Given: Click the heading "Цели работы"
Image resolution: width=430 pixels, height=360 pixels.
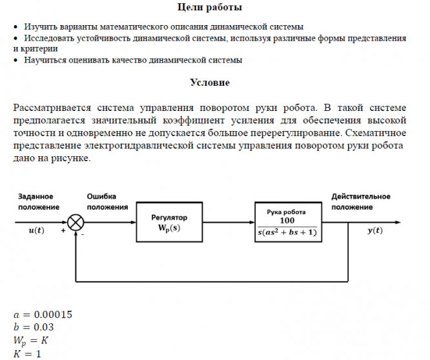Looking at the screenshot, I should click(x=210, y=8).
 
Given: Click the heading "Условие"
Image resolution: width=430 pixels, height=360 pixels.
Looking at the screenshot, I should click(x=210, y=83).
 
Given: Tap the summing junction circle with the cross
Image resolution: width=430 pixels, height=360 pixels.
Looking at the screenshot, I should click(x=76, y=223).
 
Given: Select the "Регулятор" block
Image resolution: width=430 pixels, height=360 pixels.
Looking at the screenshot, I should click(x=169, y=223).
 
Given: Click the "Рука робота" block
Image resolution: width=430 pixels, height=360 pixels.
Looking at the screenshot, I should click(x=287, y=223).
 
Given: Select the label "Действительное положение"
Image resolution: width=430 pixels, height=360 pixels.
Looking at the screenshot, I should click(x=361, y=201).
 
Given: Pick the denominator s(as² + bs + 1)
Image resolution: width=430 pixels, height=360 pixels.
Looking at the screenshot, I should click(x=287, y=232).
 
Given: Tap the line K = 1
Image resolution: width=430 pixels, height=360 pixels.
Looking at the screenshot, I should click(x=27, y=354).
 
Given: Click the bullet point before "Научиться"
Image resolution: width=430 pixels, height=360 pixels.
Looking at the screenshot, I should click(x=16, y=60).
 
